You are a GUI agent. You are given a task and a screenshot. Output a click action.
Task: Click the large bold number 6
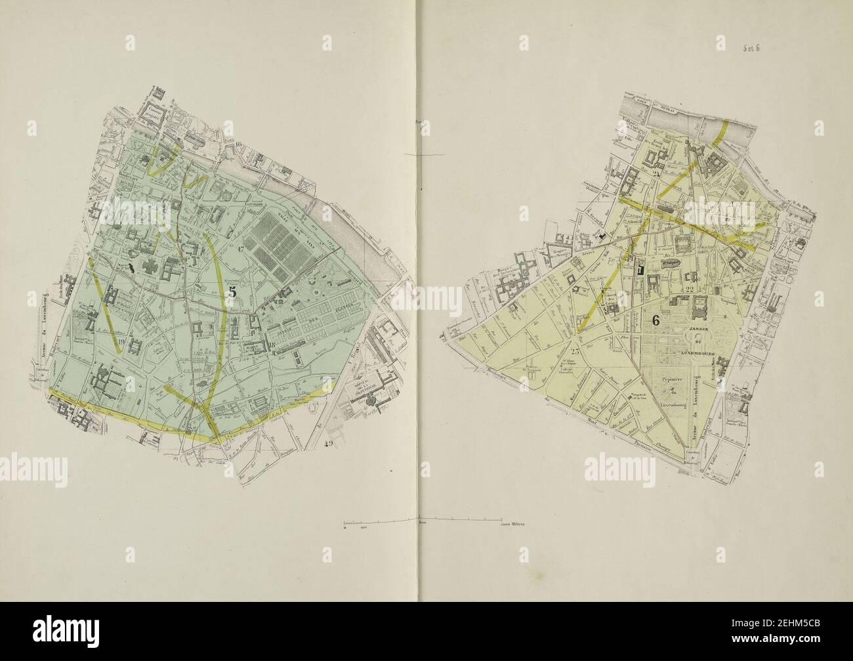pyautogui.click(x=655, y=321)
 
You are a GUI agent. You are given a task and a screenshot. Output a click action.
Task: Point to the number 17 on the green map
pyautogui.click(x=241, y=249)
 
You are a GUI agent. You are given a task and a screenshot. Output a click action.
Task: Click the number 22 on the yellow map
pyautogui.click(x=689, y=289)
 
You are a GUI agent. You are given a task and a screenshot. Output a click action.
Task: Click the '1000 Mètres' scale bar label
pyautogui.click(x=515, y=525)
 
